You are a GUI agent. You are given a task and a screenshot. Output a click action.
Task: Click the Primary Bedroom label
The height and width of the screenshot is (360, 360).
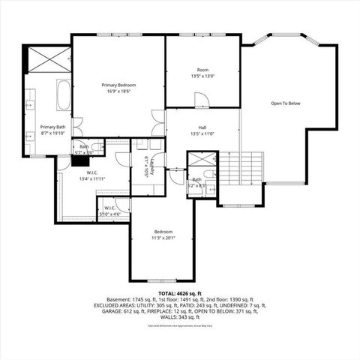coord(118,85)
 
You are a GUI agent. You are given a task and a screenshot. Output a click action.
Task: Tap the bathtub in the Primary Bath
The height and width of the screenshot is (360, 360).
coord(63,95)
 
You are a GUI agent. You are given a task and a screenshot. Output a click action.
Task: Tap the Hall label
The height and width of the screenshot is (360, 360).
coord(202,127)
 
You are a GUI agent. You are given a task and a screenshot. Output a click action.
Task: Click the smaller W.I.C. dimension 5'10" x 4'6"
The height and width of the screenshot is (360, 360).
coord(109,214)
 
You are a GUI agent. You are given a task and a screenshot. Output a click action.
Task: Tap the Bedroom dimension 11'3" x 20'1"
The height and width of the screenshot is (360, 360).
coord(164,238)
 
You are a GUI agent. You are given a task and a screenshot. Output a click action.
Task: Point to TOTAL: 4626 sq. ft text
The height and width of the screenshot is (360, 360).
coord(178,292)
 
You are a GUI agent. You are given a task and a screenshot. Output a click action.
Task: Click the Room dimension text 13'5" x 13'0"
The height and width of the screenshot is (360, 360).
coord(202,76)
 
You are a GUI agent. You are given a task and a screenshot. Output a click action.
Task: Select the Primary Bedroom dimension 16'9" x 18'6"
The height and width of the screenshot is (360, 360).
coord(118,92)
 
